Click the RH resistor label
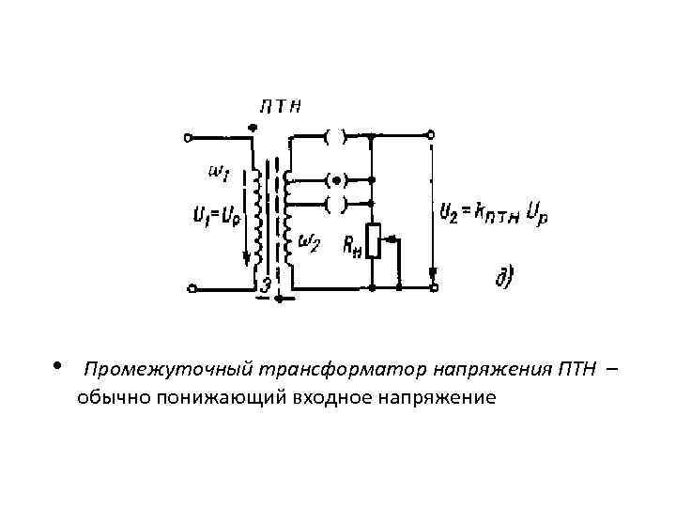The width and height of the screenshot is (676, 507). tap(351, 248)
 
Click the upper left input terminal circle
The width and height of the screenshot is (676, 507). tap(189, 137)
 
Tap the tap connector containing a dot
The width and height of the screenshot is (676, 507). tap(336, 178)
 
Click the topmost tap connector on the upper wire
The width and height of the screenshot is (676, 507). tap(336, 137)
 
